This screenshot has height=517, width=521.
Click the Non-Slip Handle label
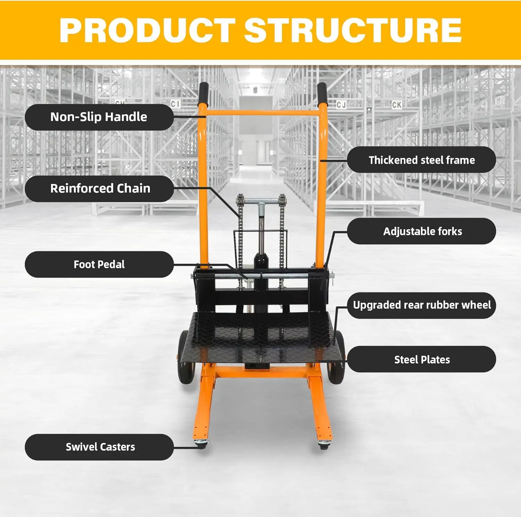99,117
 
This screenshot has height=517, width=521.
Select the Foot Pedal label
99,264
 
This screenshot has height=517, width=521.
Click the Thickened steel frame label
421,160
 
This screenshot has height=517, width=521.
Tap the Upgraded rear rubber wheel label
421,305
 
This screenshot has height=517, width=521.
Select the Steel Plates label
421,360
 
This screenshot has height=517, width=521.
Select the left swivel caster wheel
201,444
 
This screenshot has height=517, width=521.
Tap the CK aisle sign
396,105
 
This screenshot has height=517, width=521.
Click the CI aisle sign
175,104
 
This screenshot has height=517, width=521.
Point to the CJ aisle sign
341,104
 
